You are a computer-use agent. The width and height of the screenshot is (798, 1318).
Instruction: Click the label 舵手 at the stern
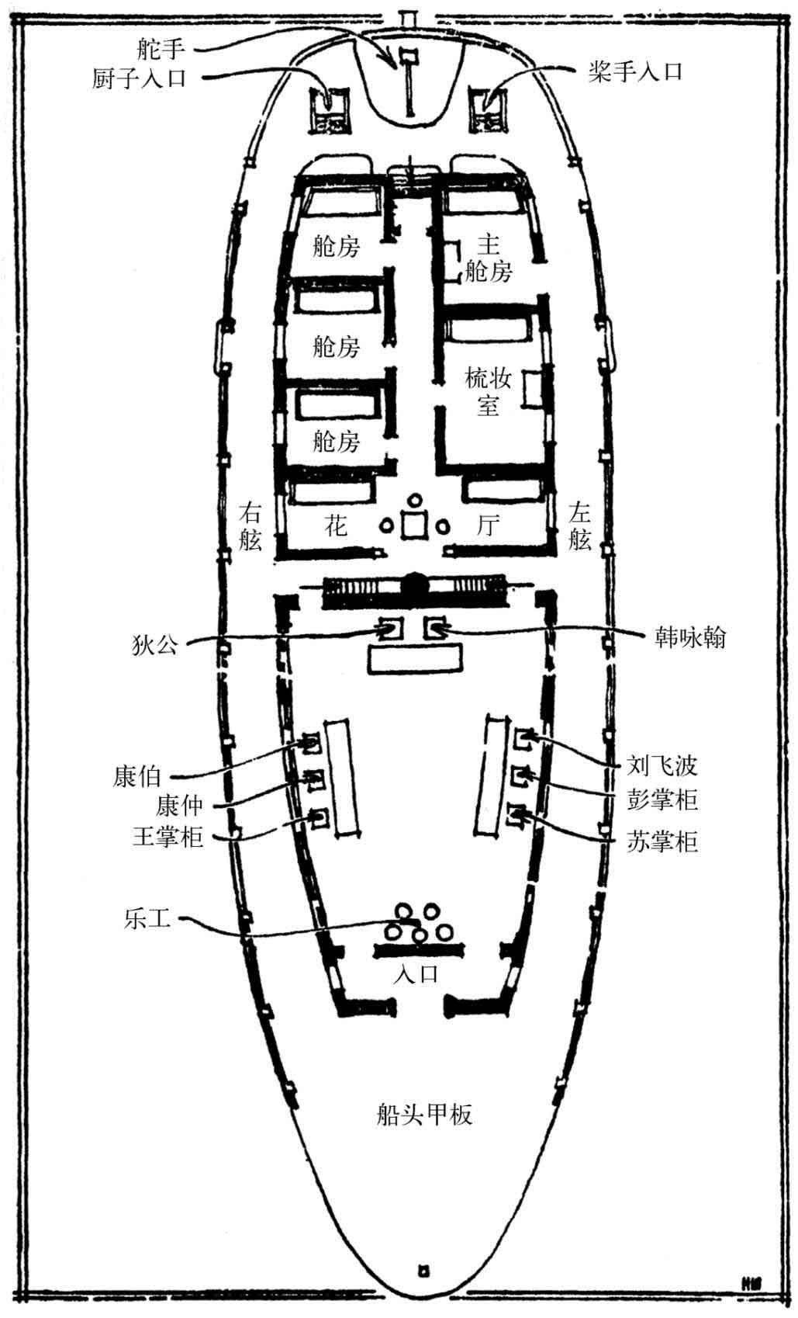(161, 48)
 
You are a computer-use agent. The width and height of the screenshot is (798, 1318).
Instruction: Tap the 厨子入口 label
(139, 78)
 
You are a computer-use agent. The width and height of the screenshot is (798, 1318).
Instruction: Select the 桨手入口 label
(635, 71)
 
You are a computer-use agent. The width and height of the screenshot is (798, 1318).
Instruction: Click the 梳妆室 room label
(488, 390)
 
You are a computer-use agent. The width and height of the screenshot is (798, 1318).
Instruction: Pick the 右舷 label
(250, 525)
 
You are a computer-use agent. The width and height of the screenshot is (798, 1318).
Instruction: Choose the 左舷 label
(579, 525)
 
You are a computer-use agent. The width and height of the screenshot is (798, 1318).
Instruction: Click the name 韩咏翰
(690, 637)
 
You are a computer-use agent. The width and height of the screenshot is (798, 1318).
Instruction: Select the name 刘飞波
(662, 765)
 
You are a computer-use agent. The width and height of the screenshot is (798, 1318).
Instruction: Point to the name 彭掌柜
(662, 799)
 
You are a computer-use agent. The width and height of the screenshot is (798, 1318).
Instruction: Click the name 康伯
(136, 776)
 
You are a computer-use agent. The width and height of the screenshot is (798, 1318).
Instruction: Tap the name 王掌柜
(168, 836)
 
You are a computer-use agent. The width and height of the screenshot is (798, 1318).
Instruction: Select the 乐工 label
(147, 918)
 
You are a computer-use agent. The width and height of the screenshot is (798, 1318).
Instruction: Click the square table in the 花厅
(415, 525)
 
